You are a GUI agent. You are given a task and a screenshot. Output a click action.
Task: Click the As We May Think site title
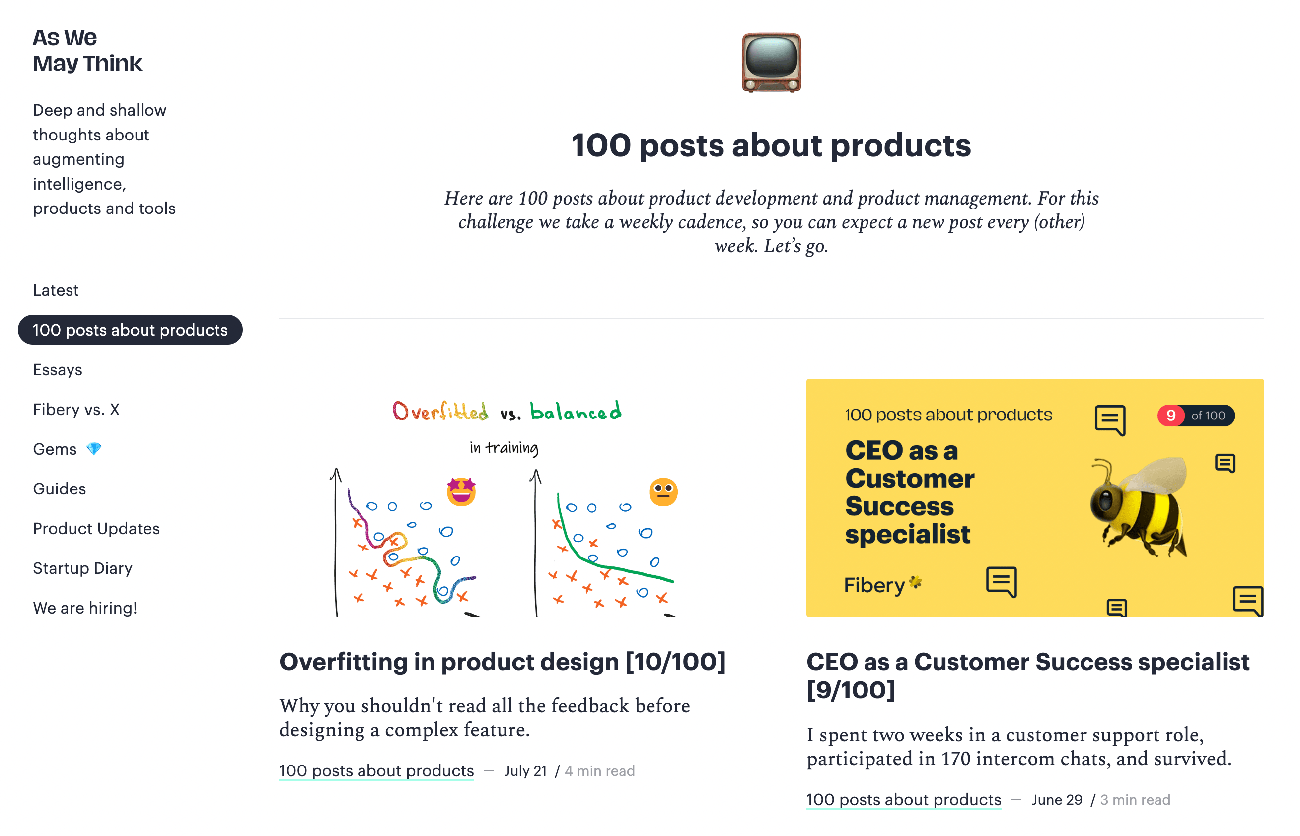(87, 51)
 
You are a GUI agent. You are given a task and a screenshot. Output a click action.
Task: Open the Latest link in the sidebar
(56, 290)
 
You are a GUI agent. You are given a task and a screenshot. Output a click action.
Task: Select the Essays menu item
(58, 370)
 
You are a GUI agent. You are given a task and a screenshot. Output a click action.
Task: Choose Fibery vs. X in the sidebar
(76, 410)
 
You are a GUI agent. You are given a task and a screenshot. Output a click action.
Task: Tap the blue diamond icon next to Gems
(94, 449)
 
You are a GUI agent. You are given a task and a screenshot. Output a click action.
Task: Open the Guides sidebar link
(59, 488)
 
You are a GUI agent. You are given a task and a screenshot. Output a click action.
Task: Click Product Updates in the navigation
(96, 528)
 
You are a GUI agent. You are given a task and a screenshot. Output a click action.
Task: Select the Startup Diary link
(82, 568)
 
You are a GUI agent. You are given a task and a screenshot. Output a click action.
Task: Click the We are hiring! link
(85, 608)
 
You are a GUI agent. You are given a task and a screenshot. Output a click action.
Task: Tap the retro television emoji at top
(771, 63)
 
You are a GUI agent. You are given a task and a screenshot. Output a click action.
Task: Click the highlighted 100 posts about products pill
(130, 330)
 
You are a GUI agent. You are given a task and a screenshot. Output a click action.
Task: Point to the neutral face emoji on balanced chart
(663, 492)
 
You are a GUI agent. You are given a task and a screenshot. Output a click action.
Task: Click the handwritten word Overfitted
(440, 412)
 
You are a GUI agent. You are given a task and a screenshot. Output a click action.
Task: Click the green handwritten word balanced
(576, 412)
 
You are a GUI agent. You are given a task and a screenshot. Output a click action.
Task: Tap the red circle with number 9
(1170, 416)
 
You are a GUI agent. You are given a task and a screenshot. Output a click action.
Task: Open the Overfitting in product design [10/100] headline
(503, 662)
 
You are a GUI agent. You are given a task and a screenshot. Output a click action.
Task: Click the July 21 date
(524, 771)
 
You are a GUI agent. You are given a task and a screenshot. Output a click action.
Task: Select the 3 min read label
(1135, 800)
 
